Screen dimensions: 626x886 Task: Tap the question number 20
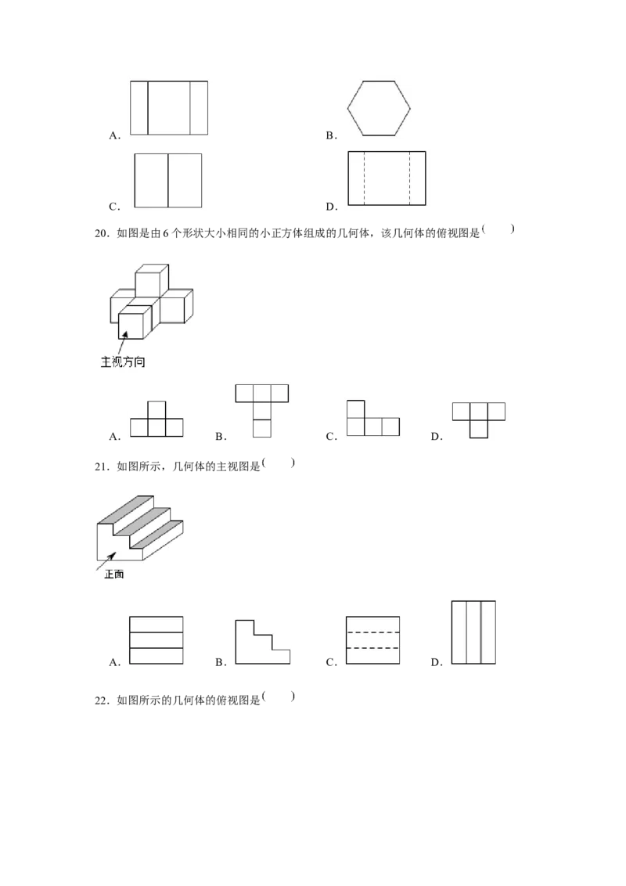101,233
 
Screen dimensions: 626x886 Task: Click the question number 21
101,466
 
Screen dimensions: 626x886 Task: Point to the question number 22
101,701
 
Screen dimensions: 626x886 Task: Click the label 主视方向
123,362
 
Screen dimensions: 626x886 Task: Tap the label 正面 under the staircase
113,574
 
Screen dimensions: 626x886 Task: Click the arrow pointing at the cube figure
123,343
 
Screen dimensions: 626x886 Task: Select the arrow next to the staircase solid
106,562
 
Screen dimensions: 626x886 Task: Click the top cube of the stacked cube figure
152,279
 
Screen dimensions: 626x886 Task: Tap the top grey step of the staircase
125,510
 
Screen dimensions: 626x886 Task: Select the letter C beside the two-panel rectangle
114,207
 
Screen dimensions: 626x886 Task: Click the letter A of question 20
115,437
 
